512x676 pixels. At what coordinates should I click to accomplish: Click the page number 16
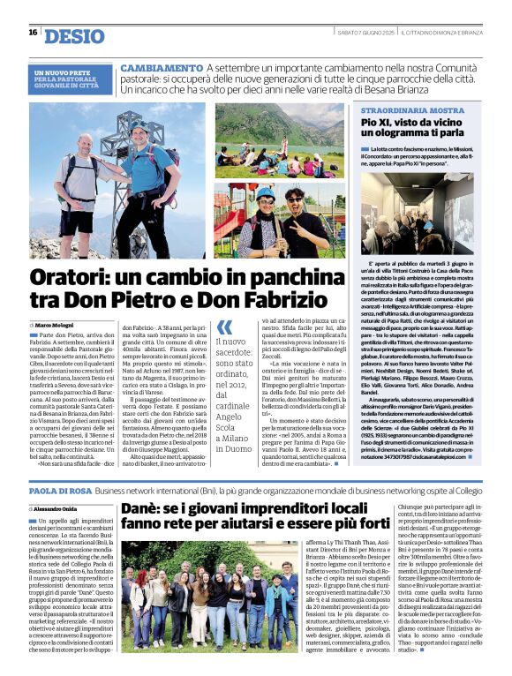(33, 33)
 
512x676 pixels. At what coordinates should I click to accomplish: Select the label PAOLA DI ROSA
(56, 490)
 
